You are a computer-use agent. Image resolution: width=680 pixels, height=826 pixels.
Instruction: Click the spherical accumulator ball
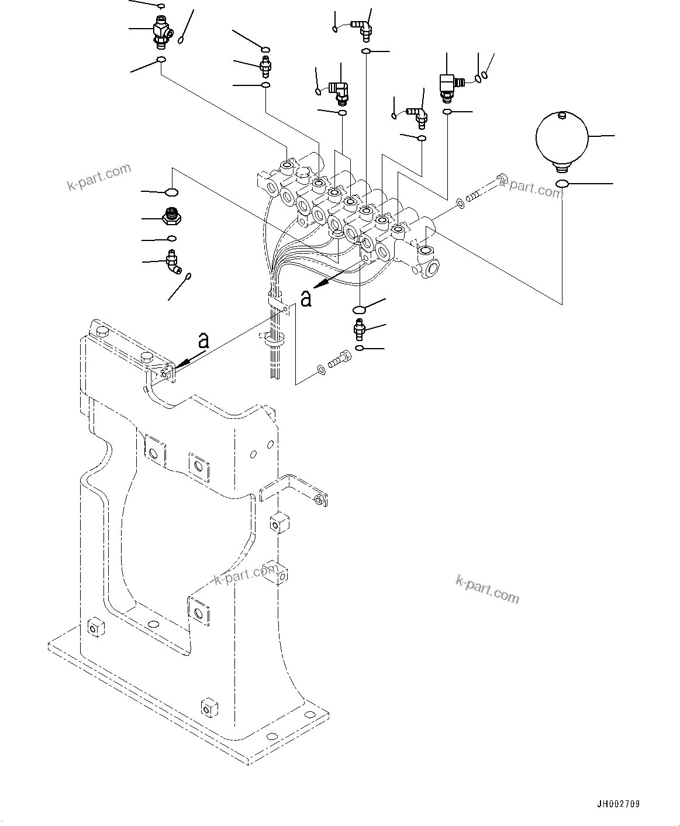click(x=561, y=138)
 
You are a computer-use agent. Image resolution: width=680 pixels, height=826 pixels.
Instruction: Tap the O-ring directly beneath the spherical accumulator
click(x=562, y=185)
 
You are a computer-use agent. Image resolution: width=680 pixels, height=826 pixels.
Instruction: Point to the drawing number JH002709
click(x=619, y=804)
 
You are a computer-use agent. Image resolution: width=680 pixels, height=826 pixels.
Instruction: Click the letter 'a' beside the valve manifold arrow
click(x=305, y=298)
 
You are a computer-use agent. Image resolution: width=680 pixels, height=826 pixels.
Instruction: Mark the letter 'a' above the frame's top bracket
click(x=203, y=340)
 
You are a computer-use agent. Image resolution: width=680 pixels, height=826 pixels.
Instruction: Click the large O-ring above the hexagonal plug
click(x=171, y=192)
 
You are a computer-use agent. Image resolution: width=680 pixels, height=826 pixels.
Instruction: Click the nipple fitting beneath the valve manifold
click(x=358, y=329)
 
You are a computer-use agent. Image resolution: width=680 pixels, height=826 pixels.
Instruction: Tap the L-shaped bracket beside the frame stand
click(x=292, y=490)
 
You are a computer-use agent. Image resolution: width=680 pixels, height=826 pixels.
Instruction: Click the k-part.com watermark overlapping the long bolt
click(x=531, y=188)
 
